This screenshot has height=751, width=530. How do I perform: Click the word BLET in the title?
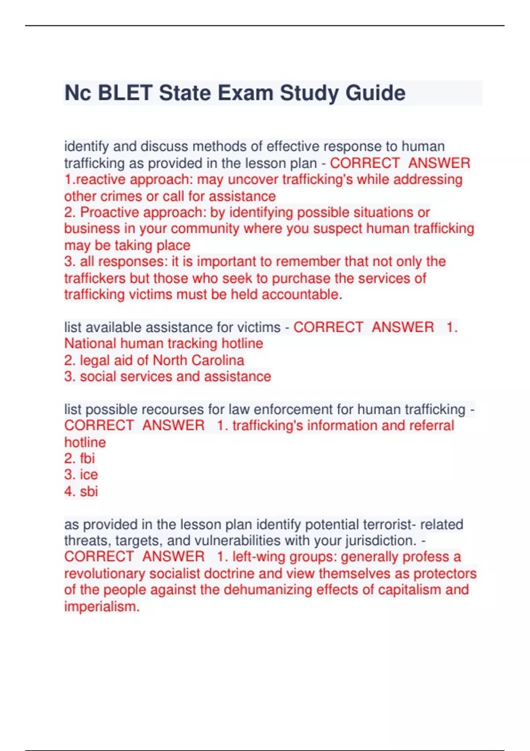pos(125,93)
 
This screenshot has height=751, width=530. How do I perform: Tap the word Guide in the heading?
pos(375,93)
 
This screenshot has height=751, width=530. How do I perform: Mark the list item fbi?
pos(87,459)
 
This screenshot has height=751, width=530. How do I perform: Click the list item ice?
pos(89,475)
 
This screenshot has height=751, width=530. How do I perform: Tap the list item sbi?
pos(89,491)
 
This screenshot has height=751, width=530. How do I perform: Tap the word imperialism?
pos(102,607)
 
